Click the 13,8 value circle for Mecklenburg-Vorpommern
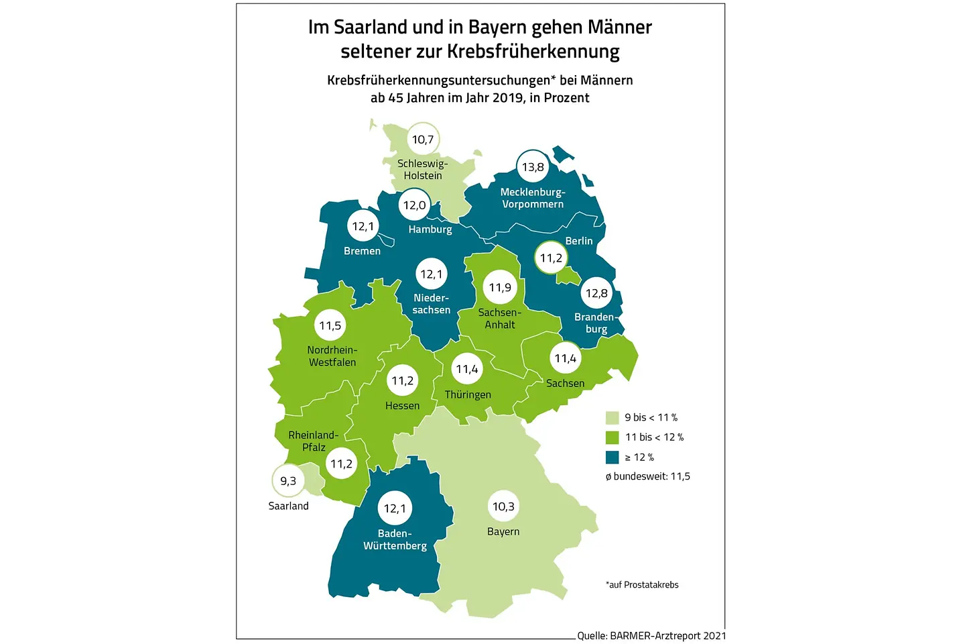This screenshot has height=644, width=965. (533, 167)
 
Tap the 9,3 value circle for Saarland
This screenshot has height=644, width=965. (288, 481)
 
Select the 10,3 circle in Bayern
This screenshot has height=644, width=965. (503, 506)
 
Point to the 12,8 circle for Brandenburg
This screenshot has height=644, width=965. (596, 293)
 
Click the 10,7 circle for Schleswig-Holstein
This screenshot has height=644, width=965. (423, 140)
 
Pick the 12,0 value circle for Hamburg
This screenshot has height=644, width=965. (414, 205)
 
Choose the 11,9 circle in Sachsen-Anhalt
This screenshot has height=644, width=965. (500, 288)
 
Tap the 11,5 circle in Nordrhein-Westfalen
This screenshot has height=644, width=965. (330, 326)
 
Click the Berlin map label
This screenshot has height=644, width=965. (579, 241)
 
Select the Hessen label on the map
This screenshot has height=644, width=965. (402, 406)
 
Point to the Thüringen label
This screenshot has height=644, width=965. (468, 394)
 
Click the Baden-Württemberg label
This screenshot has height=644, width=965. (395, 540)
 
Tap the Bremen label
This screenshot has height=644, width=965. (362, 251)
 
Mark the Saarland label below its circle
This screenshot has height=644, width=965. (289, 506)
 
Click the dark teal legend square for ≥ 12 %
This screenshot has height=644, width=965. (612, 458)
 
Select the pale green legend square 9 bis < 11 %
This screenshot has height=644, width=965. (612, 417)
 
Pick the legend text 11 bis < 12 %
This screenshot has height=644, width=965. (654, 437)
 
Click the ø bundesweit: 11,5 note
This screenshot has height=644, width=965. (647, 476)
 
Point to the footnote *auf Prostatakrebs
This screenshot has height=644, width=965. (642, 585)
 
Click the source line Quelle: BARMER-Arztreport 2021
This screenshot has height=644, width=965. (651, 635)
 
